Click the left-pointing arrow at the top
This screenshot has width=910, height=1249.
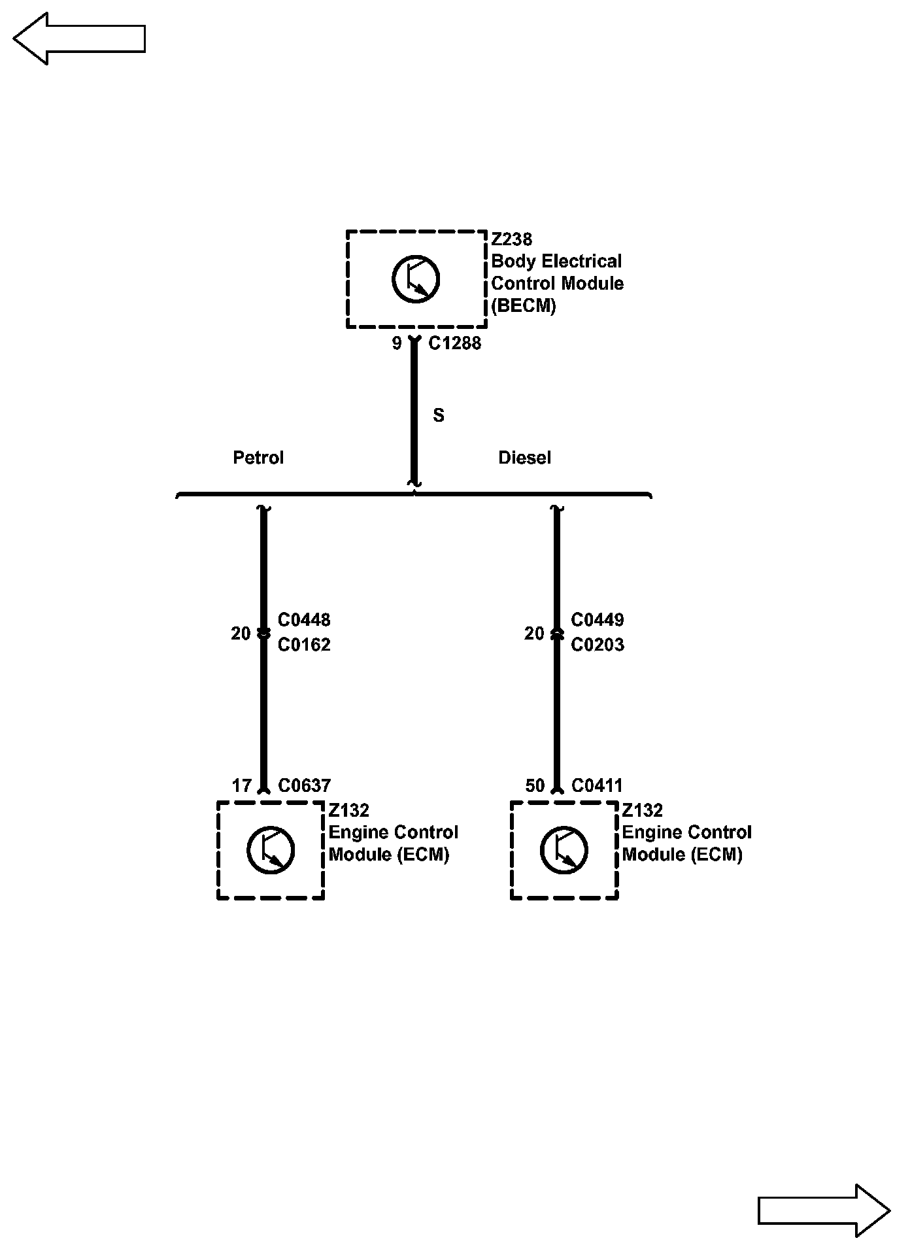coord(78,39)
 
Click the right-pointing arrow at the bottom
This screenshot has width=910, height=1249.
coord(824,1210)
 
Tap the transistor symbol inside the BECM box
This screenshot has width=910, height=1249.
coord(416,279)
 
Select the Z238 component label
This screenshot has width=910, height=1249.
coord(512,239)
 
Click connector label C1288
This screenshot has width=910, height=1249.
coord(454,343)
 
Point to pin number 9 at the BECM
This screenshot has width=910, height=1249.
coord(397,343)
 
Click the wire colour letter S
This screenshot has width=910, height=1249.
coord(439,415)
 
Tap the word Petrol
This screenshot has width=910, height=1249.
coord(258,458)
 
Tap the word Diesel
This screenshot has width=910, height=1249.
coord(524,458)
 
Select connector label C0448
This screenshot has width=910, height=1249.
coord(304,620)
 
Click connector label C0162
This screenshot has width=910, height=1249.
coord(304,645)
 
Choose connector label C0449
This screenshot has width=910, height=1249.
coord(598,620)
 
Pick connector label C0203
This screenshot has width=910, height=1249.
coord(598,645)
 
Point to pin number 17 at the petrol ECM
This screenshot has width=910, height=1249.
coord(242,785)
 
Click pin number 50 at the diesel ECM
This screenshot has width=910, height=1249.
coord(535,785)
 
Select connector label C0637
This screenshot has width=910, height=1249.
coord(304,785)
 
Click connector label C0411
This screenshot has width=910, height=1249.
coord(597,785)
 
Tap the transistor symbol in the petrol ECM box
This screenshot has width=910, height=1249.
coord(271,850)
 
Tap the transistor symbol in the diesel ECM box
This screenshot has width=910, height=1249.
coord(564,850)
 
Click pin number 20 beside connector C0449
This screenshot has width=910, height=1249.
coord(534,634)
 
